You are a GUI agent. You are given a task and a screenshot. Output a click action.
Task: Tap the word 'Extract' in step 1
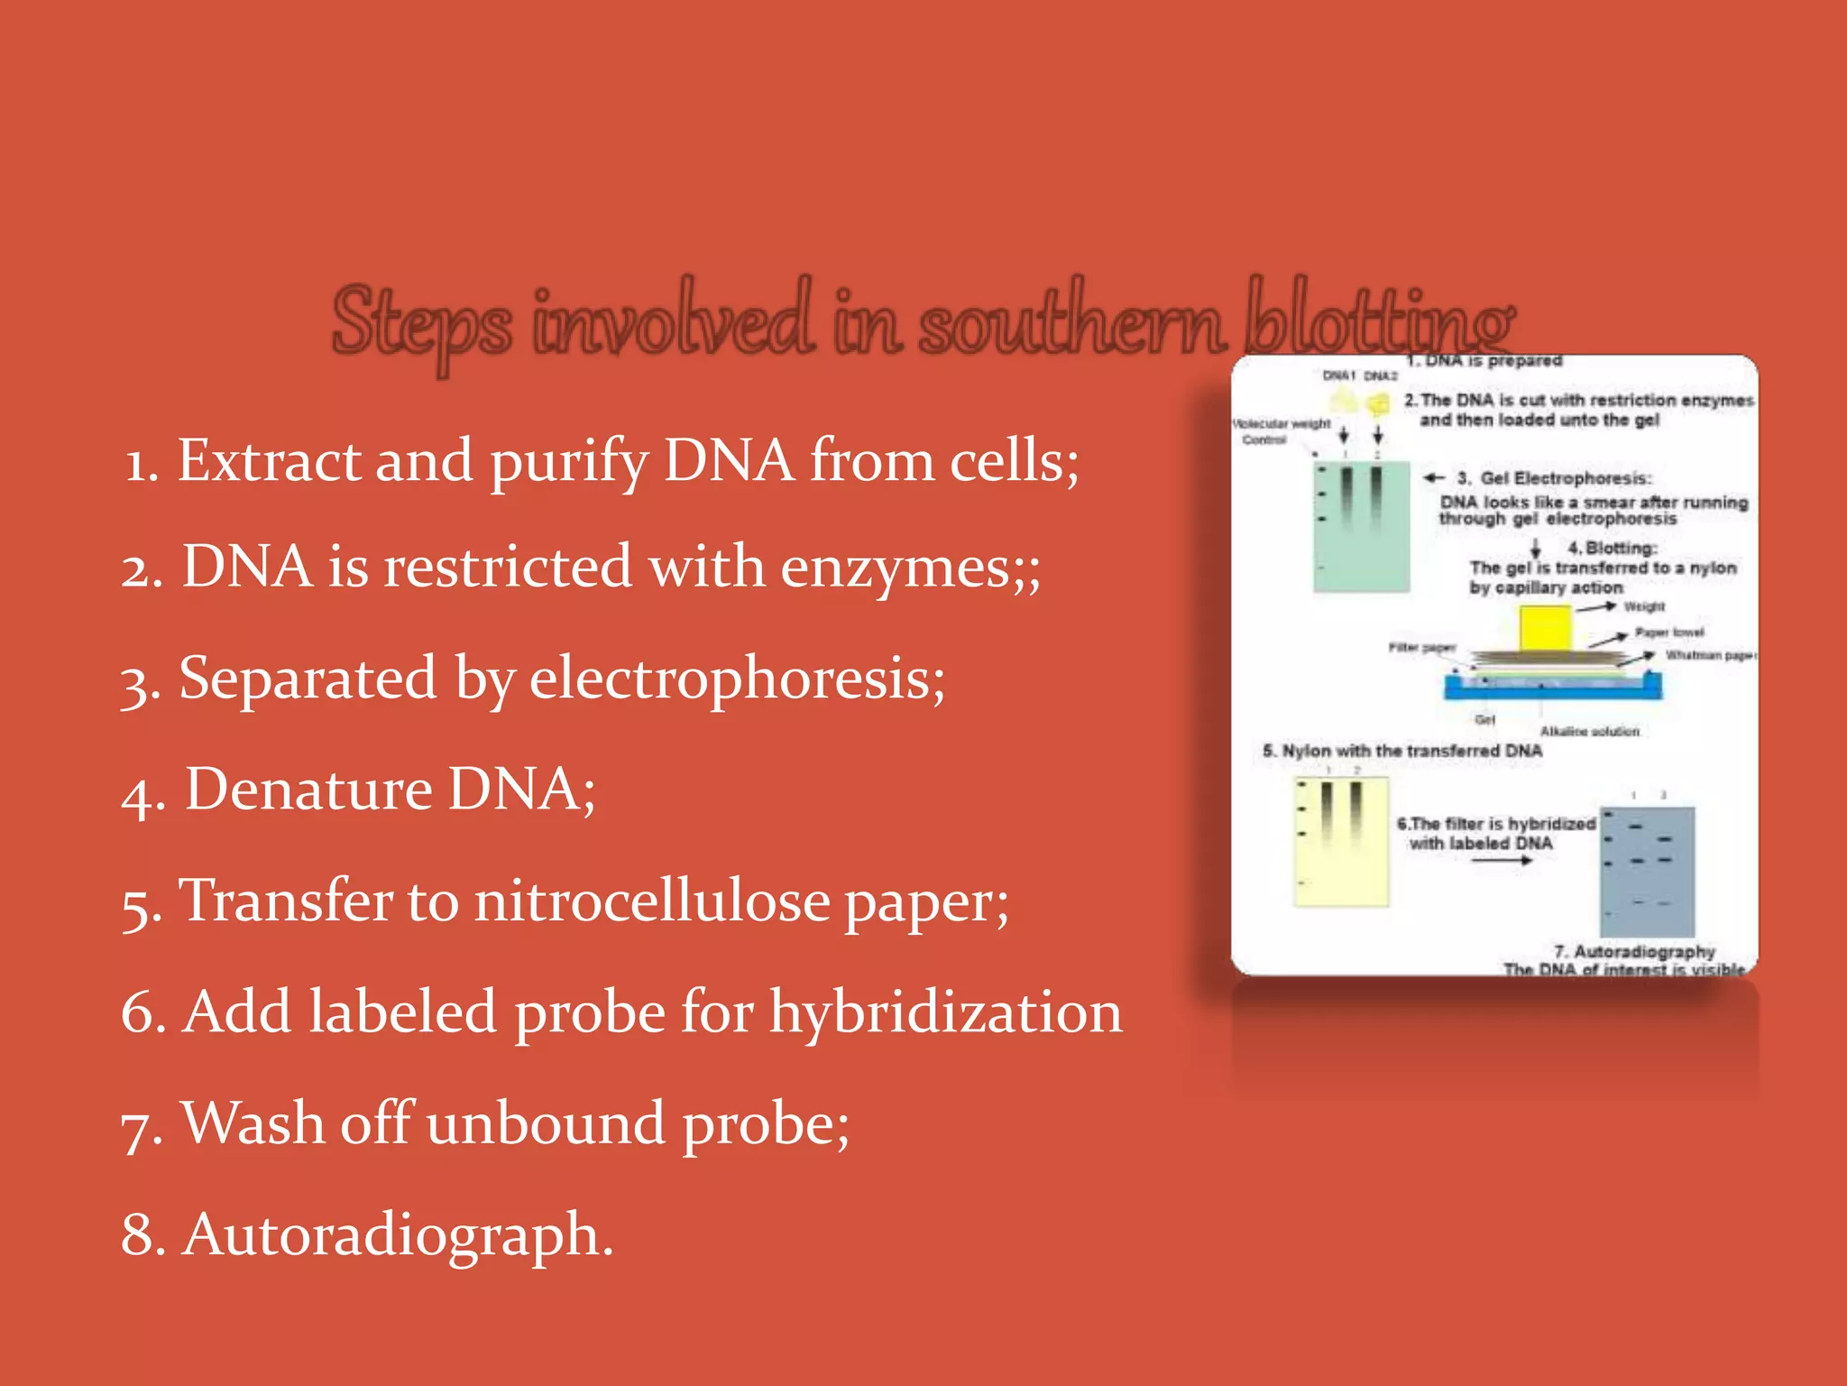268,460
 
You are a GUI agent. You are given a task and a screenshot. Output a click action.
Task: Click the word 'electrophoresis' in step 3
737,679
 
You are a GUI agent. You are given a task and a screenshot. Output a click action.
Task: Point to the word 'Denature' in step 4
308,790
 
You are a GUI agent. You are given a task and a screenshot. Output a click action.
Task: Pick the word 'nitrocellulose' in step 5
652,901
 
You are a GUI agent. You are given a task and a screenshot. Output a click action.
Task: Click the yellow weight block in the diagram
1545,628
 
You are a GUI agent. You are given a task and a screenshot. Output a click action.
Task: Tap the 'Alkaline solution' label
1589,731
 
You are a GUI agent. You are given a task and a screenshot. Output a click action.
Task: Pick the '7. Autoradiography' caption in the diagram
1634,951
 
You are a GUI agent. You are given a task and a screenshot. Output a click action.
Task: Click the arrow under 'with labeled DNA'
1502,861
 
